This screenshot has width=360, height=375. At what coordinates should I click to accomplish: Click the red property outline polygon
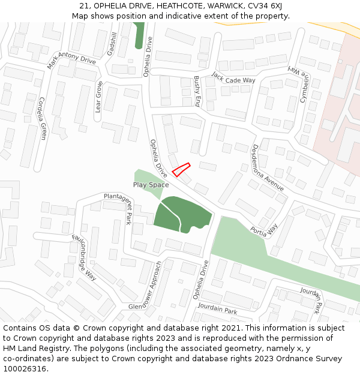pyautogui.click(x=181, y=169)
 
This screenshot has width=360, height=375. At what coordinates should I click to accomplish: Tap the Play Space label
pyautogui.click(x=151, y=185)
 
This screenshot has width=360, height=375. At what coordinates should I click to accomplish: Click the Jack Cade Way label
pyautogui.click(x=233, y=78)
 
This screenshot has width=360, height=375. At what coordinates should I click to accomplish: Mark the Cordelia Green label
pyautogui.click(x=42, y=118)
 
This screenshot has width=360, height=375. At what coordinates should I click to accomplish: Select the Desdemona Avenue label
pyautogui.click(x=268, y=167)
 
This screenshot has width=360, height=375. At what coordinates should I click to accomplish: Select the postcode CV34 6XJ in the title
pyautogui.click(x=262, y=6)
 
